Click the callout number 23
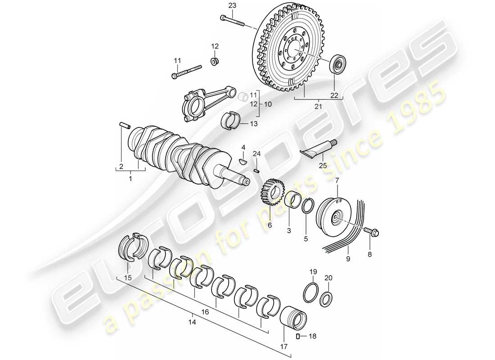coord(232,5)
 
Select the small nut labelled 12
coord(215,60)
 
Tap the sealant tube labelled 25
coord(319,150)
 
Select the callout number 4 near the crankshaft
coord(243,147)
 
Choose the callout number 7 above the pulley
coord(337,180)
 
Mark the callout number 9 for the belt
coord(347,260)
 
